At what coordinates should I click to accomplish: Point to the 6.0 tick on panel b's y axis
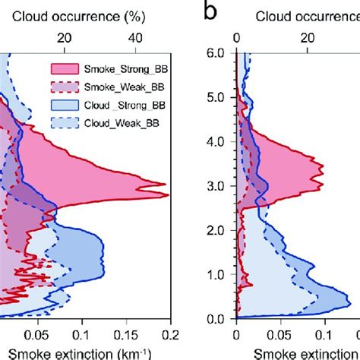[x=216, y=53]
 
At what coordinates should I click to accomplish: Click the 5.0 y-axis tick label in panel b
[x=216, y=98]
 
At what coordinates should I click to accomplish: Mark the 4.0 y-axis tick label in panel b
[x=216, y=142]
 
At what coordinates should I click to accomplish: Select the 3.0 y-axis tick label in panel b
[x=216, y=186]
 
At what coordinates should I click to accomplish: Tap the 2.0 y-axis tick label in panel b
[x=216, y=230]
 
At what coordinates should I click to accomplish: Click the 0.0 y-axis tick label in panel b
[x=216, y=319]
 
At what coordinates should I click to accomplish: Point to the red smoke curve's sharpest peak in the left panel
[x=166, y=185]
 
